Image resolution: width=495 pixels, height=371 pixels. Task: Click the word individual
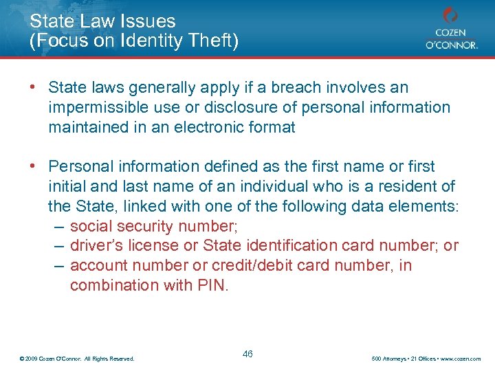point(283,186)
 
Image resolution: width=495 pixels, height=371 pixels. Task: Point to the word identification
point(282,245)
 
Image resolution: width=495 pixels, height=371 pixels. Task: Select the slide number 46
point(248,354)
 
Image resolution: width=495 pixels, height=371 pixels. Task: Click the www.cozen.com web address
point(462,359)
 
